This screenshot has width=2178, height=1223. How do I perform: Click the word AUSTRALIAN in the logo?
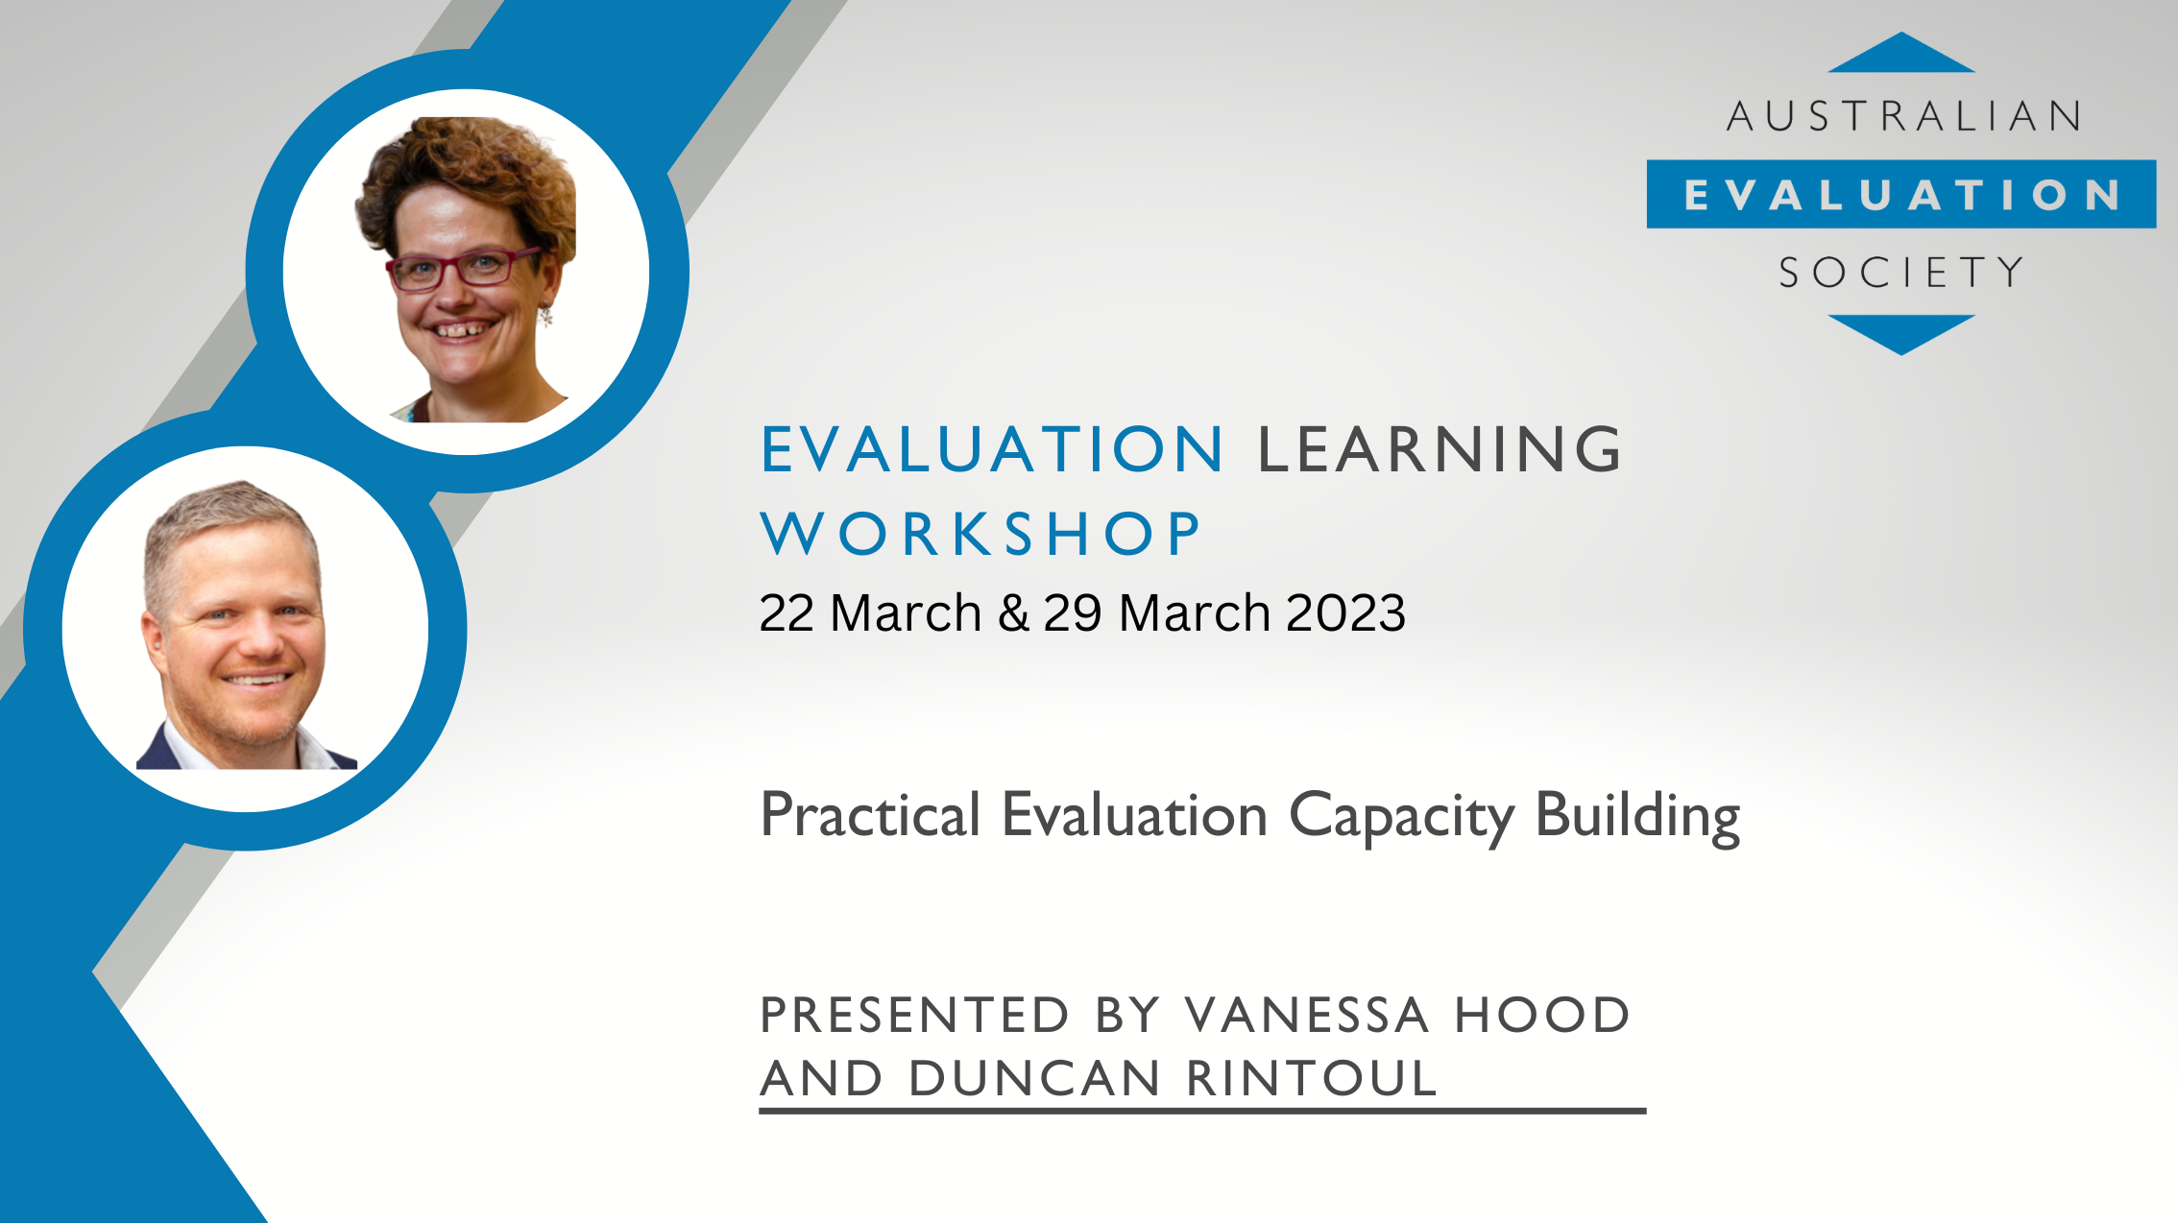[1903, 117]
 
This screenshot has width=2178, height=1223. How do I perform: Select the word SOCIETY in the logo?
[1901, 273]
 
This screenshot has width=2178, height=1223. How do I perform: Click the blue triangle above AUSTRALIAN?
[1901, 57]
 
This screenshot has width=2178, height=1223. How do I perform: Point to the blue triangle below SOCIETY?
[1901, 331]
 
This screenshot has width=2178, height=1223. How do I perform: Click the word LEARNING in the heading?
[1440, 449]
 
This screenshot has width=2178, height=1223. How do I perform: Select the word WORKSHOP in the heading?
[980, 534]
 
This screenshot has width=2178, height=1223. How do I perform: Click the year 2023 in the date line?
[1345, 612]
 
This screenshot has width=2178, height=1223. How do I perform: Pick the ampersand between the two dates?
[1013, 612]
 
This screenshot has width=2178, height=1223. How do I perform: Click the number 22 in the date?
[786, 612]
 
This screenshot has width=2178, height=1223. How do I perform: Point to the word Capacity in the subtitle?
[1401, 816]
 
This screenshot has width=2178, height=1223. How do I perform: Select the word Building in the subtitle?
[1637, 816]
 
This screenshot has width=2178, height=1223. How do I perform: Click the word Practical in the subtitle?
[870, 816]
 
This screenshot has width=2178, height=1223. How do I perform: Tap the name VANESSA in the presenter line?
[1307, 1016]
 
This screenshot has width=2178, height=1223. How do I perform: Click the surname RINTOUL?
[1312, 1078]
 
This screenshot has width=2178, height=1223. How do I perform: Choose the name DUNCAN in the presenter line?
[1034, 1078]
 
